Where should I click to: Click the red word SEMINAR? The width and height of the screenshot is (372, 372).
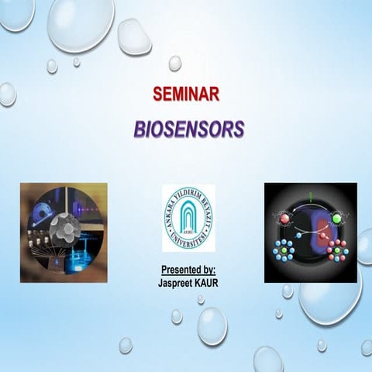point(186,95)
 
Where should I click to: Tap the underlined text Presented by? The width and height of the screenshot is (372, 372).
point(188,270)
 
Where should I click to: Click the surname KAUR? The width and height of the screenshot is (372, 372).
point(206,283)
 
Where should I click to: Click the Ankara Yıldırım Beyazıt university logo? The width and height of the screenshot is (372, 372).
point(188,218)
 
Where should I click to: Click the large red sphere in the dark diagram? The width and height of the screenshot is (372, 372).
point(284,219)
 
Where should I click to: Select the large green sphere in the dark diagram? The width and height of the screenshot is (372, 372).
point(336,219)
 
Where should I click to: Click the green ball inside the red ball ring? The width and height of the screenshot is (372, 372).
point(336,251)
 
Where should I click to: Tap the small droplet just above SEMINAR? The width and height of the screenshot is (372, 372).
point(175,63)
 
